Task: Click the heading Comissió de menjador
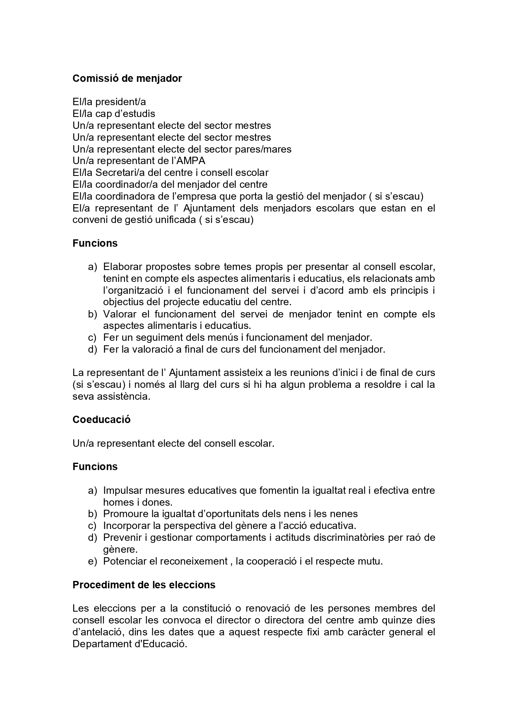(127, 79)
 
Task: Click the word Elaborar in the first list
(122, 267)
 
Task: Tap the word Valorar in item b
(120, 314)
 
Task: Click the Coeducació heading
(101, 420)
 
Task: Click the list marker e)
(92, 561)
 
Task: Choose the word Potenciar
(124, 561)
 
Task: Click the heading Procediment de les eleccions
(144, 585)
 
